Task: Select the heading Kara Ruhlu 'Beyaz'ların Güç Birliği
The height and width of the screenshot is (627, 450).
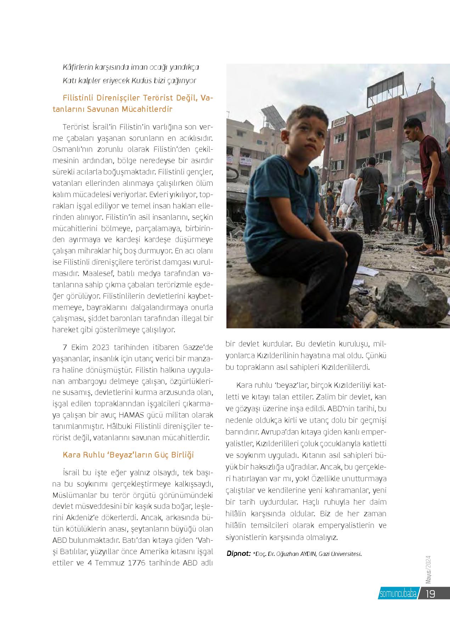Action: point(128,455)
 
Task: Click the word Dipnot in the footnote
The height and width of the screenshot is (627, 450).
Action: point(238,553)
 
